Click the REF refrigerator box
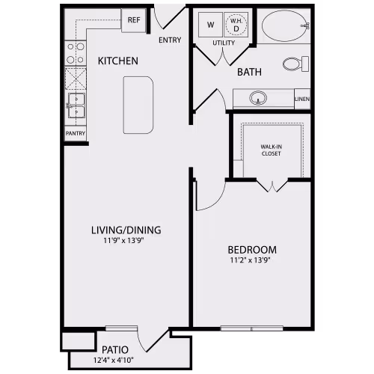point(134,20)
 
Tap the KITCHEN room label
point(118,61)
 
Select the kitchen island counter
point(138,105)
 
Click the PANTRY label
point(76,134)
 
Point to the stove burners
point(76,52)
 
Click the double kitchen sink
point(76,105)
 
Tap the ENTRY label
point(170,40)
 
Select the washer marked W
point(209,25)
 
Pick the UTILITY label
point(224,43)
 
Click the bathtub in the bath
point(285,26)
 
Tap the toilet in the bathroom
point(296,63)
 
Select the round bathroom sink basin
point(259,98)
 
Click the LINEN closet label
point(302,99)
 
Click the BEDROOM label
point(253,250)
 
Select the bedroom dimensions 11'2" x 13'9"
point(253,261)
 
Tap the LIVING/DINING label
point(126,230)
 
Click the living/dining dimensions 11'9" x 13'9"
point(126,241)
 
